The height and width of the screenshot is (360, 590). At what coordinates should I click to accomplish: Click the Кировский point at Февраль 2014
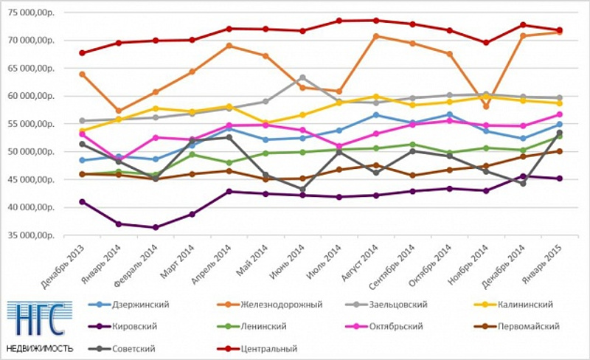[155, 228]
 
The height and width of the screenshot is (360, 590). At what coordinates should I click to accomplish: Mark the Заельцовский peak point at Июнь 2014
[302, 77]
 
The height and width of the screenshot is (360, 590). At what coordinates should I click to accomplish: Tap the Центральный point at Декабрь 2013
[83, 53]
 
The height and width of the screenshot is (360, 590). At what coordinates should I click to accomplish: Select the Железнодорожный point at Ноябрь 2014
[486, 106]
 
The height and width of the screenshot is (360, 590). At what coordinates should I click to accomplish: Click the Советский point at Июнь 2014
[302, 189]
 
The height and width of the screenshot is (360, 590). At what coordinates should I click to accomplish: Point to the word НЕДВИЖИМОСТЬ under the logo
[41, 347]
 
